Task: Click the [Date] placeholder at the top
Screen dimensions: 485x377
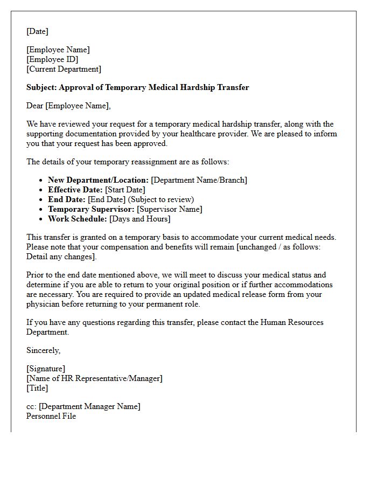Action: (x=37, y=31)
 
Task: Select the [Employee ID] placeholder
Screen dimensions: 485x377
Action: (x=52, y=59)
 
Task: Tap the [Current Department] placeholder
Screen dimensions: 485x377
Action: (x=64, y=69)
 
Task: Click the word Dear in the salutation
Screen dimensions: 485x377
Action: (x=35, y=106)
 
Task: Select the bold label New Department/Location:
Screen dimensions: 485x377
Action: (x=98, y=180)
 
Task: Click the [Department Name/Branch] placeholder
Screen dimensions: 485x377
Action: (x=199, y=180)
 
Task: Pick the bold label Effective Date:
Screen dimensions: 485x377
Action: (x=75, y=190)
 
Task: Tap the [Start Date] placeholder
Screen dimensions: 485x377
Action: (x=125, y=190)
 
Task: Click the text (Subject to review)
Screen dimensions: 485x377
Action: (x=161, y=199)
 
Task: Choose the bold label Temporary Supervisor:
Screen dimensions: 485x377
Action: (x=92, y=209)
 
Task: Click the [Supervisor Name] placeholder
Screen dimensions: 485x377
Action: (x=170, y=209)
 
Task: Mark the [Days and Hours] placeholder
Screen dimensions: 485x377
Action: (x=139, y=219)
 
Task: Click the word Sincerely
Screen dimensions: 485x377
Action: (x=44, y=350)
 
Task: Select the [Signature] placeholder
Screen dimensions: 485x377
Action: (x=46, y=369)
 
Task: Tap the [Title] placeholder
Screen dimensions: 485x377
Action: (x=37, y=388)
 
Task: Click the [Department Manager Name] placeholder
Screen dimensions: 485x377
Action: (x=89, y=406)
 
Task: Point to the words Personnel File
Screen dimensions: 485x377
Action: (x=51, y=416)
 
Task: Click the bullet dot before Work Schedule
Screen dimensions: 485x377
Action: (x=41, y=219)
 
